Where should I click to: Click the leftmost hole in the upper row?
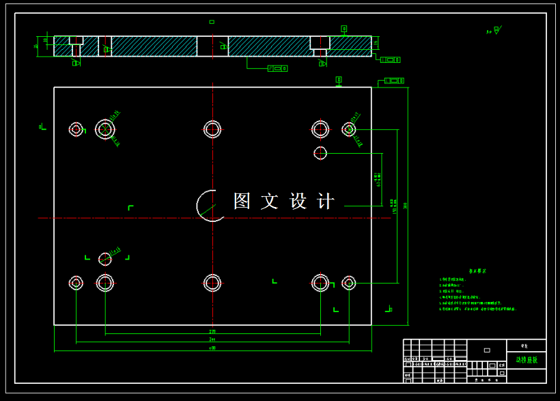coord(76,129)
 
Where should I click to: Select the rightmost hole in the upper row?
coord(349,129)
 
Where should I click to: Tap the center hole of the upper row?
coord(212,128)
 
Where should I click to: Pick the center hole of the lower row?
coord(212,282)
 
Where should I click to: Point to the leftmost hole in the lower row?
coord(76,282)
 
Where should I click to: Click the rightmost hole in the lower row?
coord(349,282)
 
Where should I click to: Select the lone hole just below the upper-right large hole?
coord(320,153)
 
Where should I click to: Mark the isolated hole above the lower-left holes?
coord(104,259)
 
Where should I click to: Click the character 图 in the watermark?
coord(242,201)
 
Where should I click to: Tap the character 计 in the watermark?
coord(326,201)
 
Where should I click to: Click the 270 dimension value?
coord(212,332)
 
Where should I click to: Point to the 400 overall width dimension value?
coord(212,348)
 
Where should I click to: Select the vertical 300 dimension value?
coord(406,205)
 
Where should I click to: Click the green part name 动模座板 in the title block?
coord(527,359)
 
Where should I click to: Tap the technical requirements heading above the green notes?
coord(477,271)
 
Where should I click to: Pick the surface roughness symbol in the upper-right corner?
coord(494,30)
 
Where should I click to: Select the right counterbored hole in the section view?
coord(320,46)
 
